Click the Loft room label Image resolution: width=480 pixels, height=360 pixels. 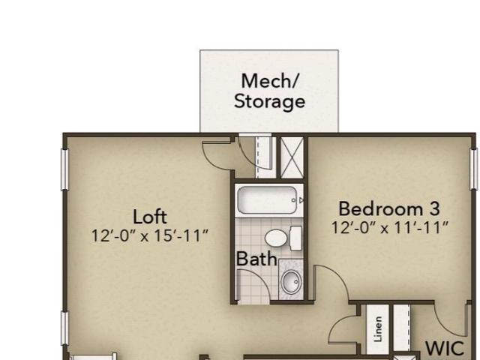[150, 217]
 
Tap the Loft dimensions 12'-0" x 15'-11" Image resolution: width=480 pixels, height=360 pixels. [150, 235]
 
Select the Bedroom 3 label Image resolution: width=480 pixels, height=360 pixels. [389, 208]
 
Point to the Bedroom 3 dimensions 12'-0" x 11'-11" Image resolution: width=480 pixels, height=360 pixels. [390, 227]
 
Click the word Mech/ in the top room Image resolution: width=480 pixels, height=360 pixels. [269, 81]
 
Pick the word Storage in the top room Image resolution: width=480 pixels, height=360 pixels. [269, 101]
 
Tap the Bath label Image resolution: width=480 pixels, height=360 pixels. [256, 259]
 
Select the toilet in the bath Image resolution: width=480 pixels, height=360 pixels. [283, 238]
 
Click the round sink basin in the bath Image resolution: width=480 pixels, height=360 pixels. [291, 282]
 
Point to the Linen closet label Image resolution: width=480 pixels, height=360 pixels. [378, 329]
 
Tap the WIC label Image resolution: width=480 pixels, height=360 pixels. [445, 348]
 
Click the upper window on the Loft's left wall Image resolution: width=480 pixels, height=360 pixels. [64, 169]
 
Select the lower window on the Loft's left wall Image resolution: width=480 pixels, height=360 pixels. [64, 328]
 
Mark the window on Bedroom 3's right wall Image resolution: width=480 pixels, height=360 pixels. [474, 168]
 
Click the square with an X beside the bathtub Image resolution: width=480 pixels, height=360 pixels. [292, 157]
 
